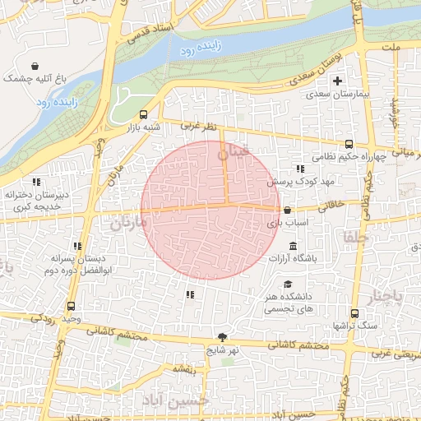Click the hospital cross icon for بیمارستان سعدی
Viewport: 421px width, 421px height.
click(337, 81)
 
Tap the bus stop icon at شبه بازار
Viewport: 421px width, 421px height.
click(144, 115)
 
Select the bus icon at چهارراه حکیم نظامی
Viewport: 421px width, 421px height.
click(349, 143)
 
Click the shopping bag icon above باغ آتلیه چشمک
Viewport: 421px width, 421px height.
click(35, 67)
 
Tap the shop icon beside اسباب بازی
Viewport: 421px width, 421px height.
click(286, 210)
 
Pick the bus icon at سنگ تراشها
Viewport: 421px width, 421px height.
click(354, 313)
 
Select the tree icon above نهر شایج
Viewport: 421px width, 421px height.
click(222, 337)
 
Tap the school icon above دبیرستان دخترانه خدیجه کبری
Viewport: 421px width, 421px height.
click(35, 182)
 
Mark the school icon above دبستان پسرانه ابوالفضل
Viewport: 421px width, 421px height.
click(78, 245)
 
